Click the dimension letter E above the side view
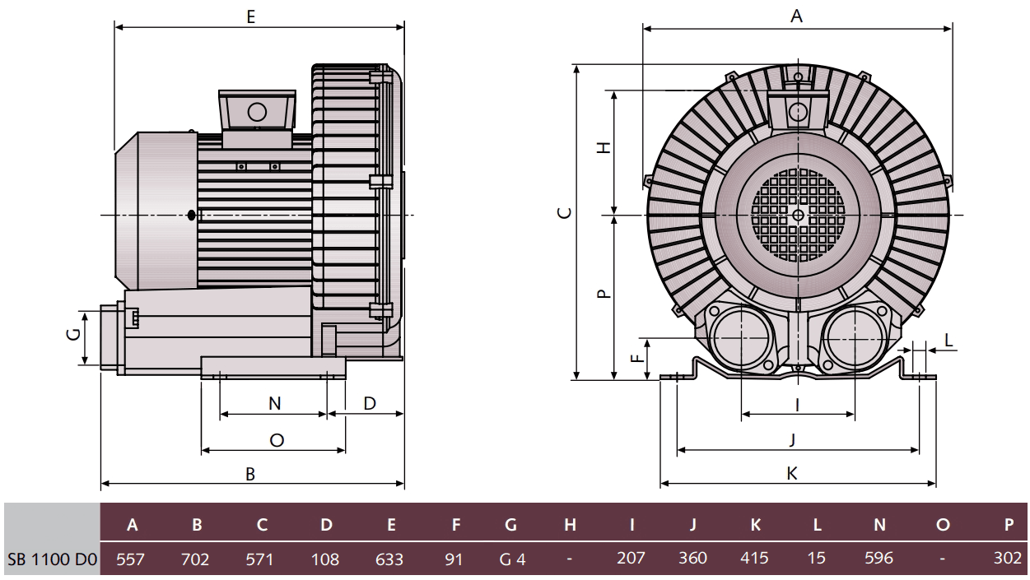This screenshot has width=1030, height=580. point(250,16)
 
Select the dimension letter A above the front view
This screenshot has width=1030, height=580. point(796,16)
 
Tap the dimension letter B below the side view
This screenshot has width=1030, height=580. point(251,473)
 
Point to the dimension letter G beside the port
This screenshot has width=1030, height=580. point(73,334)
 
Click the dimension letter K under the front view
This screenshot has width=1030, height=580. point(791,473)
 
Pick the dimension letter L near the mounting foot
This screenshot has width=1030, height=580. point(948,340)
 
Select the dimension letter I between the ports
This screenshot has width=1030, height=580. point(797,403)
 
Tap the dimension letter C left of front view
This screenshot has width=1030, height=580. point(563,213)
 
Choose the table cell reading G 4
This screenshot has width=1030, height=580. point(512,559)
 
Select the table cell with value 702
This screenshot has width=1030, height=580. point(195,559)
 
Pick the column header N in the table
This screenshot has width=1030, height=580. point(879,524)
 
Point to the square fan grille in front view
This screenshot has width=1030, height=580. point(797,215)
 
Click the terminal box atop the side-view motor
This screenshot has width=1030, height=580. point(257,110)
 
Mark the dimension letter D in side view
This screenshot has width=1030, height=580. point(370,403)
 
